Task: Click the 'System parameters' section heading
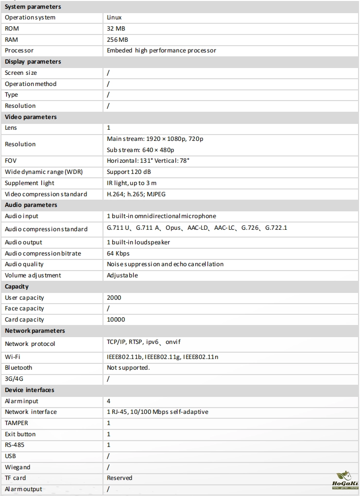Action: tap(33, 7)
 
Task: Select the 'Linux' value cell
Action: tap(114, 17)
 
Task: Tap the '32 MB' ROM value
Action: tap(116, 29)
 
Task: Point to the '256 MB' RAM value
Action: tap(117, 40)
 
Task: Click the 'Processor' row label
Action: tap(19, 51)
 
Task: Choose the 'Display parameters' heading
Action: tap(33, 62)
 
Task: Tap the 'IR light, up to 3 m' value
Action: tap(132, 183)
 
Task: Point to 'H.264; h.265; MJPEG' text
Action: tap(136, 194)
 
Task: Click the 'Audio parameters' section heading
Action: tap(31, 205)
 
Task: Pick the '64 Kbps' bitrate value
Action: tap(118, 253)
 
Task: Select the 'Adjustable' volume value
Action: tap(122, 275)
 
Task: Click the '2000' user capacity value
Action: tap(114, 297)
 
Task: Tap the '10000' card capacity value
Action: tap(116, 320)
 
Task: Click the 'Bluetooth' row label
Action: tap(18, 368)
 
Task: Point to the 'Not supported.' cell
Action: tap(128, 368)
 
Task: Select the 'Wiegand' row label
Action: tap(17, 467)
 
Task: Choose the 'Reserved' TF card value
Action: tap(120, 478)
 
